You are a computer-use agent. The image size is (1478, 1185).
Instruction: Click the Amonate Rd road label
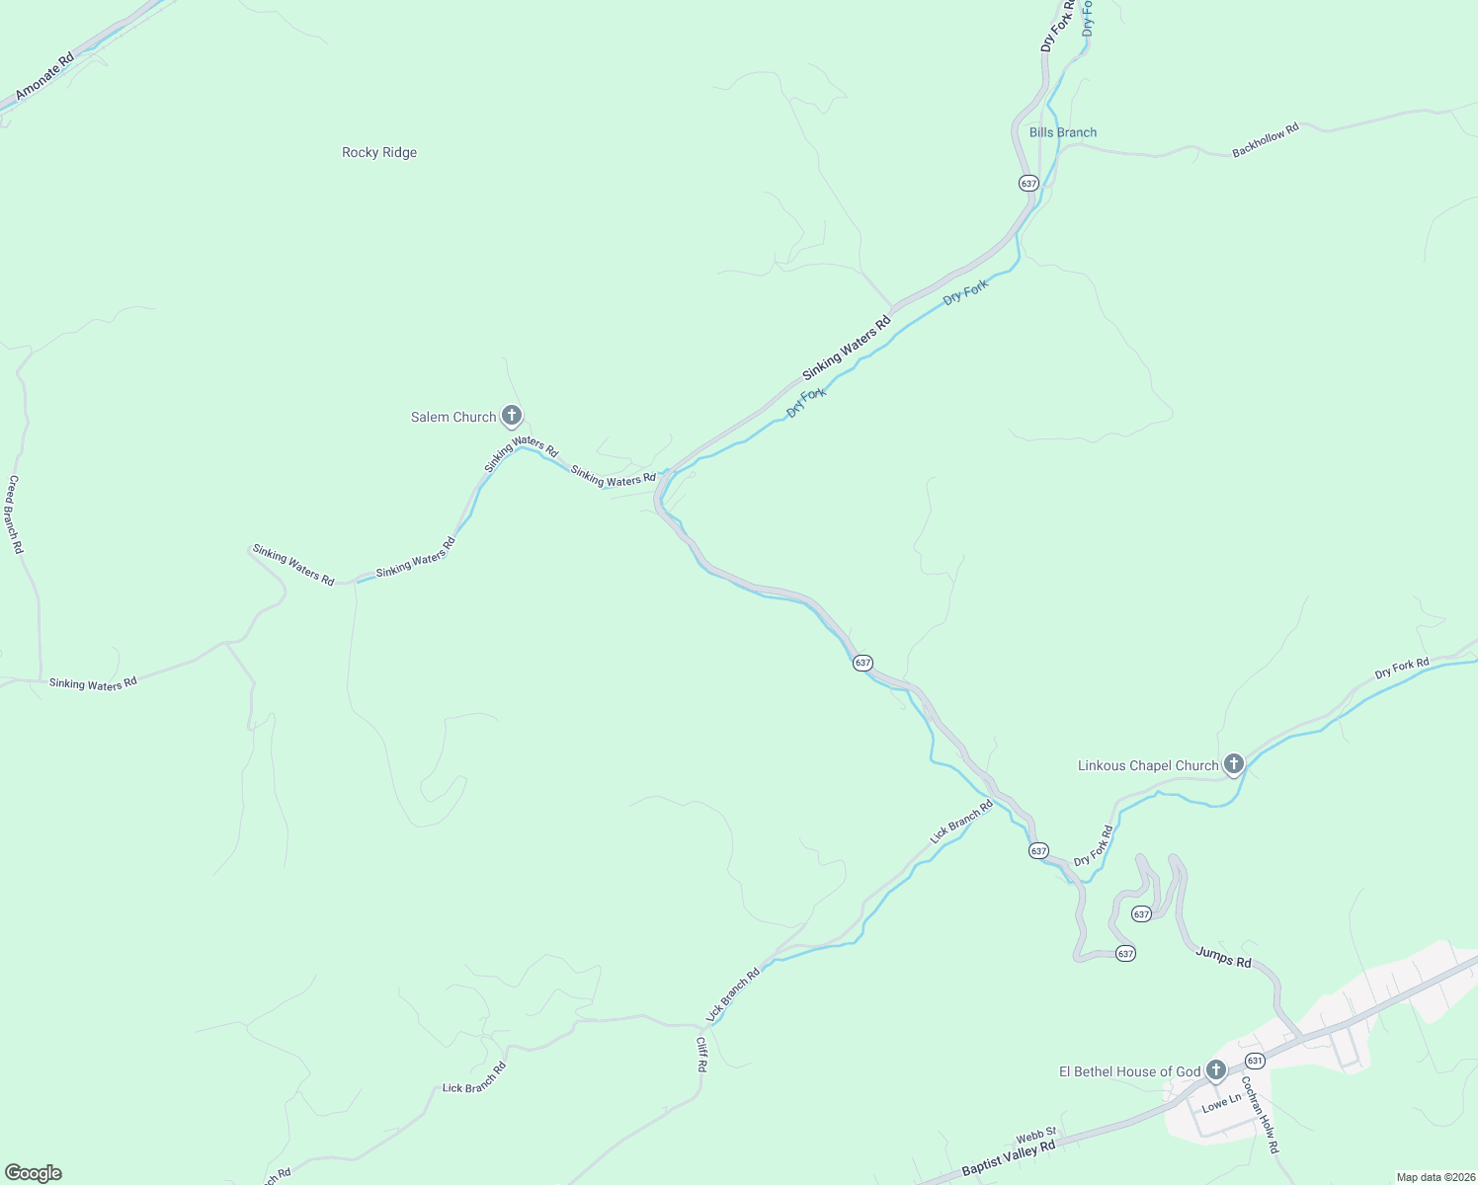44,76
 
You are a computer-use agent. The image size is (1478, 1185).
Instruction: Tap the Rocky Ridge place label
379,152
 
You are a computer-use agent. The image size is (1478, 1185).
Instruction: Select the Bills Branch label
1062,132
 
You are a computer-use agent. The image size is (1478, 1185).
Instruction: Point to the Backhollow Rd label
1265,140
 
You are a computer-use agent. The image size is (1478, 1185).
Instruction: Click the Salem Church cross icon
511,416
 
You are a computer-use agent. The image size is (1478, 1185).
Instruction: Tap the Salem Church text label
453,417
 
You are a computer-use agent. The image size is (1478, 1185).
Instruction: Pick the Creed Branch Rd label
15,513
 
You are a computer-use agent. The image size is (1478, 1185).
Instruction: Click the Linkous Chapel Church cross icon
1233,763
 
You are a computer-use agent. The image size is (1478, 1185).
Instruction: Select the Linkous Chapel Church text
1148,765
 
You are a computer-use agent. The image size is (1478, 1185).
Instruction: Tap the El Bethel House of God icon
1215,1069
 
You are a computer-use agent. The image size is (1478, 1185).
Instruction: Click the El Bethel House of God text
1129,1071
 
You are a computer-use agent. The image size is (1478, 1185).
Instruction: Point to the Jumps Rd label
1223,956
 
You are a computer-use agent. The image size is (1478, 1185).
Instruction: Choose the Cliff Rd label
701,1054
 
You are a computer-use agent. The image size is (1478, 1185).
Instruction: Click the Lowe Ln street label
1221,1103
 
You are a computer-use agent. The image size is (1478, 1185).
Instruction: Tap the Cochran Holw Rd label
1260,1114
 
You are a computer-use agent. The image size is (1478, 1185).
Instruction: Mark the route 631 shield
1255,1061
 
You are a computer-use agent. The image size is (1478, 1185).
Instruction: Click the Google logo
33,1173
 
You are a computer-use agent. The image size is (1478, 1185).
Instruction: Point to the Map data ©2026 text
1435,1177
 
